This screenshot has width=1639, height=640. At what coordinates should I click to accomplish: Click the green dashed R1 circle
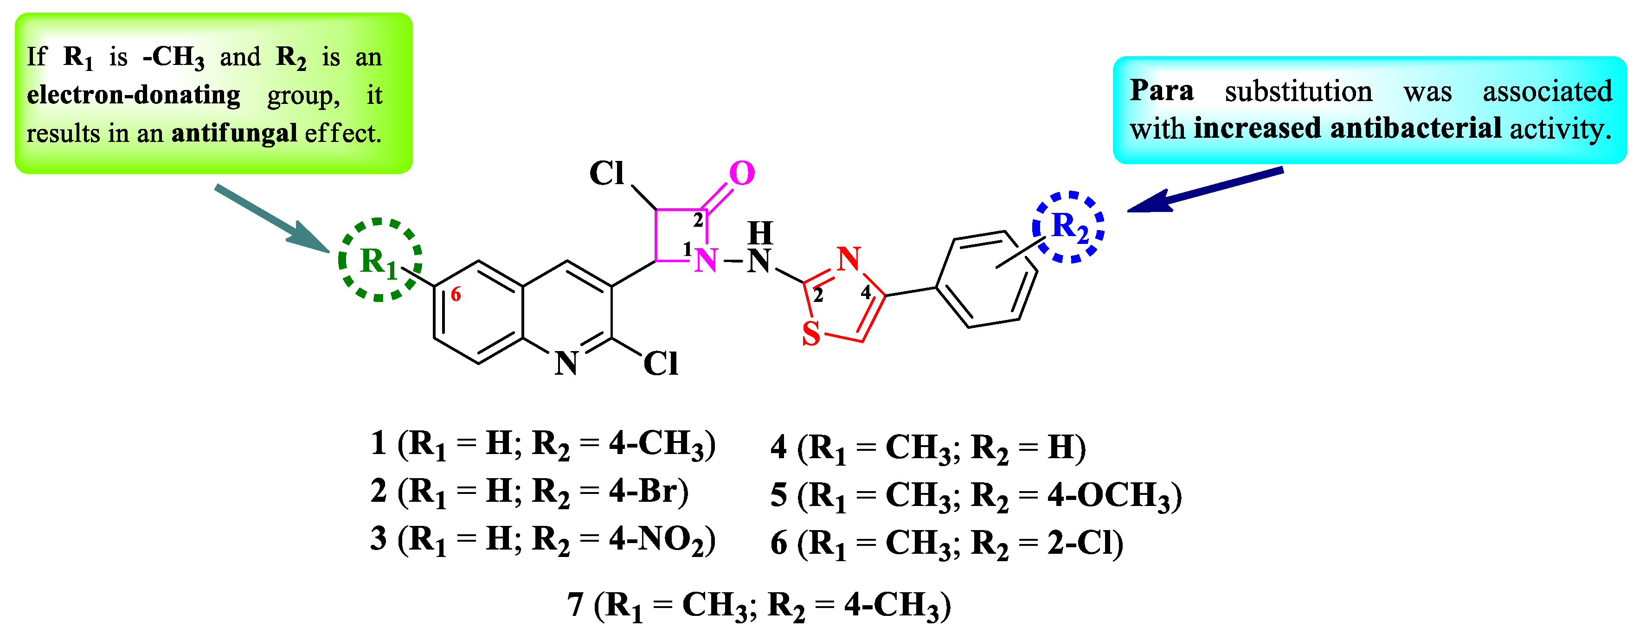tap(380, 260)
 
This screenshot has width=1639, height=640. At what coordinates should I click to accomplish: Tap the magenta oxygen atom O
tap(741, 173)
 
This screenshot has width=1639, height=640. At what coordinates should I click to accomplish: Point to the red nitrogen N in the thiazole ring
tap(849, 259)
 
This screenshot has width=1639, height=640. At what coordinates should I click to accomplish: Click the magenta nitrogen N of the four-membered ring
tap(706, 260)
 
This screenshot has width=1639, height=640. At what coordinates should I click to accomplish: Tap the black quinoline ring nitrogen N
tap(566, 363)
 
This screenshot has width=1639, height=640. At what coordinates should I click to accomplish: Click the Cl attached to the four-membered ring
tap(606, 173)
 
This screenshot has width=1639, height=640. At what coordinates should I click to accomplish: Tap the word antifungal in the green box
tap(234, 133)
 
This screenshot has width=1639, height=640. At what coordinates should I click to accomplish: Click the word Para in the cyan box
tap(1161, 90)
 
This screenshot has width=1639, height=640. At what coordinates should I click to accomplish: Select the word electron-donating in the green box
tap(134, 95)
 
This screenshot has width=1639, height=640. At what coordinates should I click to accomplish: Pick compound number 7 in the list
tap(575, 604)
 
